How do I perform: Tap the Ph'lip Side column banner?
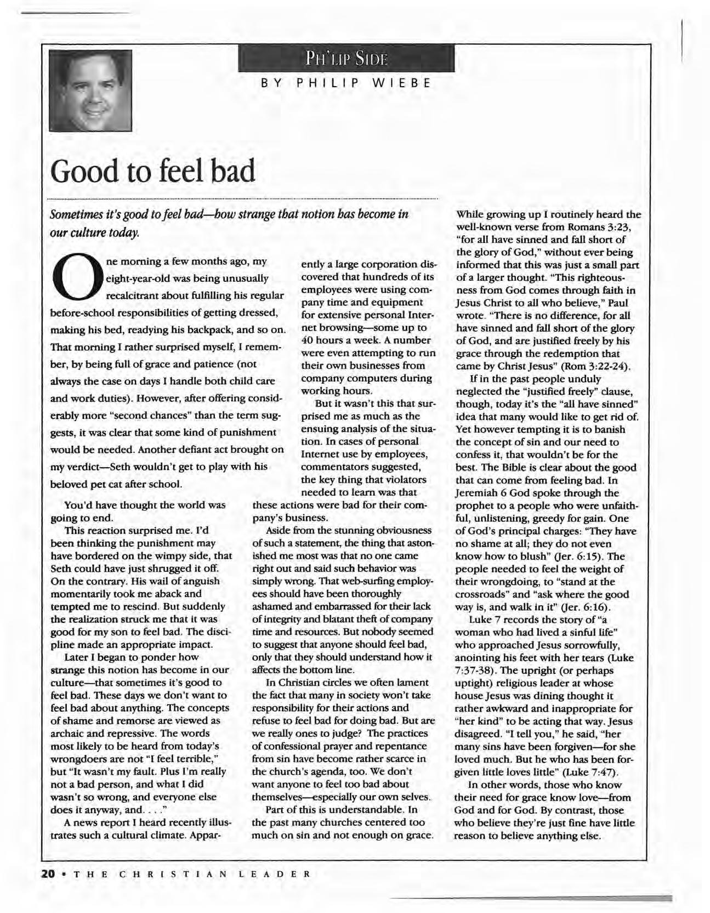coord(346,59)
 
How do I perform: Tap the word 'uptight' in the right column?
coord(476,683)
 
